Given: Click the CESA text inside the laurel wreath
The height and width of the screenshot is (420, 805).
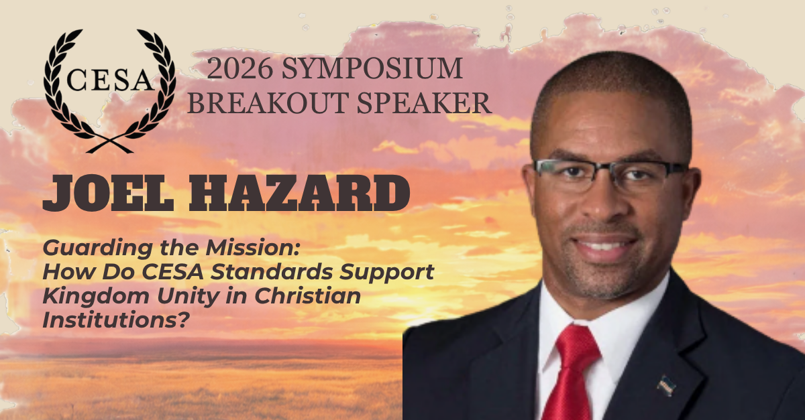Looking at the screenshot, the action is [x=110, y=80].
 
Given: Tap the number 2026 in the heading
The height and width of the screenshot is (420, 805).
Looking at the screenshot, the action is [x=239, y=68].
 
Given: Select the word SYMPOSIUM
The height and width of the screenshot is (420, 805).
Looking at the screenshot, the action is [x=372, y=68].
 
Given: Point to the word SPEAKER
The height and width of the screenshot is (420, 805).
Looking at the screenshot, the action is [x=425, y=103].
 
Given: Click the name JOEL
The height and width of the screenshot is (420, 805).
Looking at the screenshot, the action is [x=108, y=193].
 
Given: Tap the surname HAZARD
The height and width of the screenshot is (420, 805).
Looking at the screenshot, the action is [x=299, y=193].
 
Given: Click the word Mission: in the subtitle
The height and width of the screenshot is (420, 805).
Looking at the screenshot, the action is [x=252, y=247].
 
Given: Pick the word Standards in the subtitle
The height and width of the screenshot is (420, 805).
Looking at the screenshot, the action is [x=272, y=272].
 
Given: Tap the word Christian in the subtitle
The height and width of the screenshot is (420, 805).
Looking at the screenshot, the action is [x=308, y=296].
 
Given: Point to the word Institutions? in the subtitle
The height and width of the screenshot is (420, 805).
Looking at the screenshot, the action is [x=116, y=320].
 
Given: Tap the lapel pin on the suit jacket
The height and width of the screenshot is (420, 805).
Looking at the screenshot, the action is [x=667, y=386].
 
